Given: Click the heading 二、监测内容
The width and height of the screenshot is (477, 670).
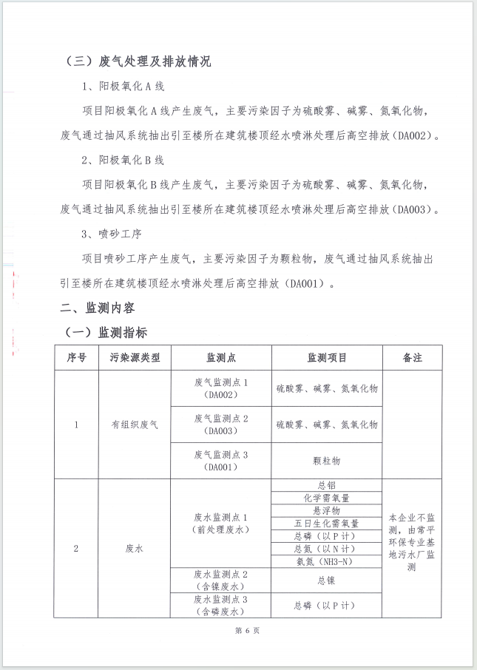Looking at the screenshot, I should point(97,307).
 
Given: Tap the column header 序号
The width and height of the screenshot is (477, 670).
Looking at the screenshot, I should point(76,358).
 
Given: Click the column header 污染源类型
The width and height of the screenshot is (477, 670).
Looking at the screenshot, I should point(135,358).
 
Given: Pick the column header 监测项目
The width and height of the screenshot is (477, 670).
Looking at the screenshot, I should point(326,358).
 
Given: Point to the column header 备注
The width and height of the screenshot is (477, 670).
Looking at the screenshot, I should point(412,358).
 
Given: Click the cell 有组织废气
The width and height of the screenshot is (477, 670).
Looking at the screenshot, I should point(135,424).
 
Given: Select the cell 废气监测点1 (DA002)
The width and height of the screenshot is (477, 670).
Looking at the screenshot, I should point(221,388).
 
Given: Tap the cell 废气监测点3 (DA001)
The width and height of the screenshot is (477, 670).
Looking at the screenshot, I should point(221,460).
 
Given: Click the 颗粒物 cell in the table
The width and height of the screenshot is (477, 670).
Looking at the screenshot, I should point(326,460).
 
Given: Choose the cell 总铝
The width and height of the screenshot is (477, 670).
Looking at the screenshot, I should point(326,485).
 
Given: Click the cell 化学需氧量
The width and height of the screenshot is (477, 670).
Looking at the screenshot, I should point(326,498).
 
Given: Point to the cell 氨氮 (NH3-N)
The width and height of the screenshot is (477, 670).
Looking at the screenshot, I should point(326,561).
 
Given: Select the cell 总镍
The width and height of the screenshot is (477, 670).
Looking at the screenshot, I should point(326,580).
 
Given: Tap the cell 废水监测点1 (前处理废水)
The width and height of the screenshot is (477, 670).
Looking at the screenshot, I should point(221,523).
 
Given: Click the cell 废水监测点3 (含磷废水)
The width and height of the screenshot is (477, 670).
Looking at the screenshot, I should point(221,605).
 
